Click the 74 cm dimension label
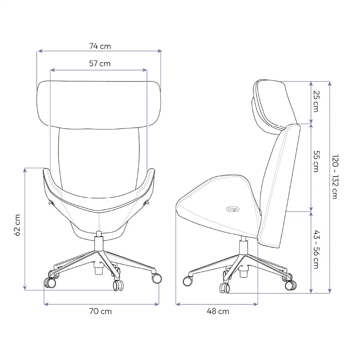click(100, 46)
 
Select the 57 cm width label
click(100, 63)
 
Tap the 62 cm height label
click(17, 225)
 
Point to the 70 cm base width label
click(100, 311)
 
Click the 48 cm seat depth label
click(218, 311)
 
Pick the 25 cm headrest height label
click(316, 101)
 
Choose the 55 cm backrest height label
click(316, 161)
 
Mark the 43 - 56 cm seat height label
click(316, 249)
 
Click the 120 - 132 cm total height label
click(335, 177)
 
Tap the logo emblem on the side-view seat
click(233, 209)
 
